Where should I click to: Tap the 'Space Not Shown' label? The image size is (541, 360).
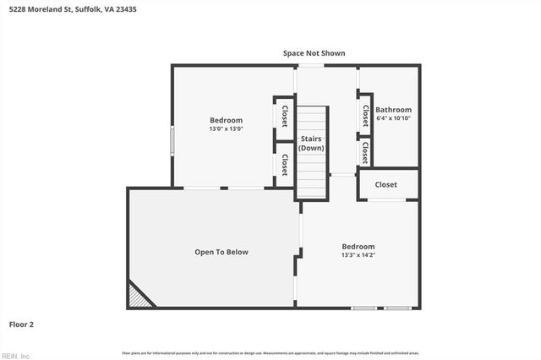coord(314,53)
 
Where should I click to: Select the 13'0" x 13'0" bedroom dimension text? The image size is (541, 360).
coord(226,129)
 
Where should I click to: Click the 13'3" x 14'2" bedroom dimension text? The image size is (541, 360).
coord(358,254)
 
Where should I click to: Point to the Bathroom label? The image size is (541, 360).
coord(393,110)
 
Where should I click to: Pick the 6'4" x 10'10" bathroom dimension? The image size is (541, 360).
coord(393,118)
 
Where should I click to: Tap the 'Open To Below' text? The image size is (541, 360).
coord(221,252)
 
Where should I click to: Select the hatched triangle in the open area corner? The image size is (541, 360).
coord(139,297)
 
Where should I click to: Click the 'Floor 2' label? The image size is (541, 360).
coord(21,324)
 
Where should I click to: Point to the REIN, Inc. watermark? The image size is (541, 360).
coord(15,356)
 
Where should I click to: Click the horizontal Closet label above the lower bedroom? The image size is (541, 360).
coord(385,184)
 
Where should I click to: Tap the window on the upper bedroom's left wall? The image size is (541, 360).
coord(172,140)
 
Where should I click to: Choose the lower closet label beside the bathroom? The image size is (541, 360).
coord(365,152)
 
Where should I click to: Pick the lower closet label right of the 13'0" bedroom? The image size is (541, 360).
coord(284,164)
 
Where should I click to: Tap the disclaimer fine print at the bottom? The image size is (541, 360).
coord(270,352)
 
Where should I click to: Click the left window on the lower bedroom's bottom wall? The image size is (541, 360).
coord(364,308)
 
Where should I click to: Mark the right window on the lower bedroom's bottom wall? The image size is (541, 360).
coord(397,308)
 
